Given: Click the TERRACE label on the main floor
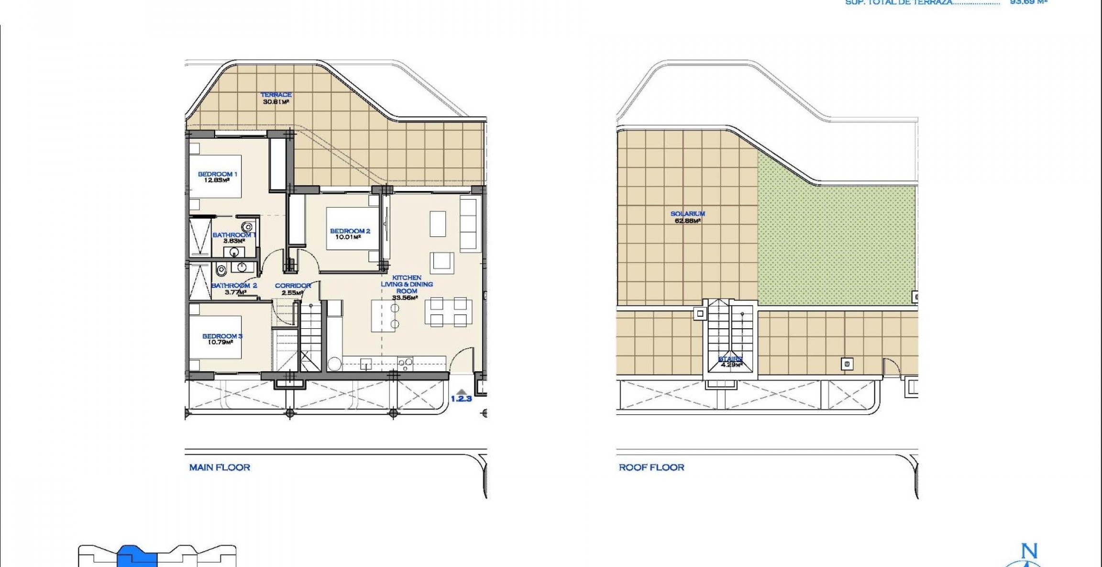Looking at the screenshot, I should pos(276,95).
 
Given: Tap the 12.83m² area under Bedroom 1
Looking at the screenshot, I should pos(217,180).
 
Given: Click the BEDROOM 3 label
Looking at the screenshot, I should pos(222,336).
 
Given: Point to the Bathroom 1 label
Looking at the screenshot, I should pos(234,235).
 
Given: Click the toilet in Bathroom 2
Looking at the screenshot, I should pos(221,271).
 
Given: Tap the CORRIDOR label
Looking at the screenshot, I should pos(293,286).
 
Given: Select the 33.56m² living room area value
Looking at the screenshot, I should pos(405,298).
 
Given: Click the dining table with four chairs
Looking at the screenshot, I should pos(448,311).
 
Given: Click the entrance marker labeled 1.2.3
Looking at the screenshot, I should pos(461,398).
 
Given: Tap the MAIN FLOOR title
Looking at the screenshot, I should pos(220,467).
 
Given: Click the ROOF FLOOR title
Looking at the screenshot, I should pos(651,467).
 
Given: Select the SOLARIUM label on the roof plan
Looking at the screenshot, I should pos(687,214).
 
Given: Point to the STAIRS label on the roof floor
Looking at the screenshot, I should pos(730,359).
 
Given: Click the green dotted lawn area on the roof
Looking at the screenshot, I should pos(837,244).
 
